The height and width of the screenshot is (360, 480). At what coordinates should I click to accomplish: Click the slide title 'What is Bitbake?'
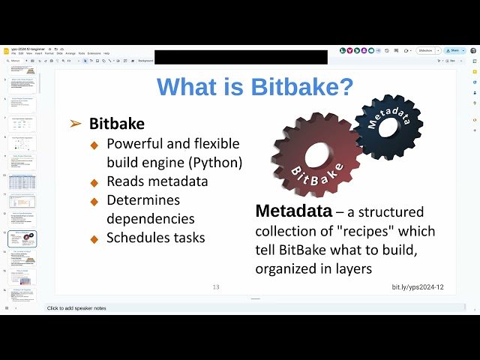point(255,88)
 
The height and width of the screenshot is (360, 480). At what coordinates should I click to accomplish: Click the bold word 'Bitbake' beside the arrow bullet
point(117,123)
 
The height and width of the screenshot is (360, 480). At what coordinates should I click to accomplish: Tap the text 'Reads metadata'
point(157,181)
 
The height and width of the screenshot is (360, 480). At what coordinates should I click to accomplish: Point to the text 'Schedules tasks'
point(156,238)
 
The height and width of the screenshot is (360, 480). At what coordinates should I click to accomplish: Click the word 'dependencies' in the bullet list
point(151,219)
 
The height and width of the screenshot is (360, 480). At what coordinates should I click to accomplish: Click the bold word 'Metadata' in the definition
point(293,211)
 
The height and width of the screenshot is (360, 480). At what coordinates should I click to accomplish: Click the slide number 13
point(216,287)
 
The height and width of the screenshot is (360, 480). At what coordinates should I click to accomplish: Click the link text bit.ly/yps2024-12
point(418,287)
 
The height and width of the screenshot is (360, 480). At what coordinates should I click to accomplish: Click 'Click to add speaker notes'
point(77,308)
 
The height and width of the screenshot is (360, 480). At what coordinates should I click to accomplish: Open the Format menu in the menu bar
point(49,53)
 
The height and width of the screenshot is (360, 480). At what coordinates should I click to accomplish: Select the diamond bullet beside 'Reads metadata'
point(94,181)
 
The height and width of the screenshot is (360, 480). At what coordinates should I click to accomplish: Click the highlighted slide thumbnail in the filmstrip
point(22,238)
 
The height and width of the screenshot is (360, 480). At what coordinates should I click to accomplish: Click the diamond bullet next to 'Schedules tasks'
point(94,238)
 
